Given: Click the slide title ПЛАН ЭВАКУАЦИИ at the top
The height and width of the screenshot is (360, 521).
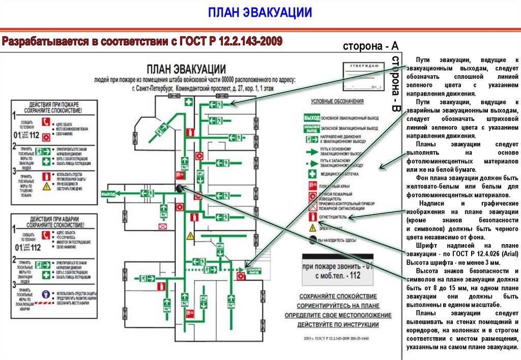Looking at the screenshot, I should (260, 12).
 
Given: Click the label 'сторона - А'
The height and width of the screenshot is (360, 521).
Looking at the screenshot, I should (370, 46).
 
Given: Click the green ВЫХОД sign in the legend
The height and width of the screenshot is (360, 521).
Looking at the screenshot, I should (311, 118).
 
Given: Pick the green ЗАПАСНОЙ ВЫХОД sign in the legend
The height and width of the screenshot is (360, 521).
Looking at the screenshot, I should (311, 129).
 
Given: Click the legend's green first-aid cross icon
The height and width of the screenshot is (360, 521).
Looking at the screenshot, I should (311, 174).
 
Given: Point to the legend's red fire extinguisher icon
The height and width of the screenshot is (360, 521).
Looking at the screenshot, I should (311, 217).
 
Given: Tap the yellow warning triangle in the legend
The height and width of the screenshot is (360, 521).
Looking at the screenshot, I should (311, 228).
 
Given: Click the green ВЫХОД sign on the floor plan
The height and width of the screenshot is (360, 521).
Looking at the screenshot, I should (109, 194).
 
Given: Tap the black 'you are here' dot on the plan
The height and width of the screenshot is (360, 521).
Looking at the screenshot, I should (180, 188).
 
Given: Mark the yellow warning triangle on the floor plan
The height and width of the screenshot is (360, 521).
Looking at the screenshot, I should (190, 236).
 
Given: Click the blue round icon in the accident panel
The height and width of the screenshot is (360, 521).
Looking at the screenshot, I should (46, 294).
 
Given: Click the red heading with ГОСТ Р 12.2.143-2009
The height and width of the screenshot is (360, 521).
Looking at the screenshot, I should (142, 42).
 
